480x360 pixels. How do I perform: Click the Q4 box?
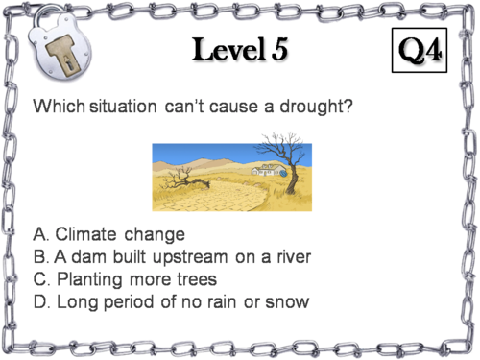420,50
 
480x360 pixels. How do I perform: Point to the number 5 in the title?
279,50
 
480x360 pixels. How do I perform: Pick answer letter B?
39,257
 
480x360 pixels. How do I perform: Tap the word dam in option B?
87,257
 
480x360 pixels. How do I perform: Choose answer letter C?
40,279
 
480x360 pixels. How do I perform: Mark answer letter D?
40,302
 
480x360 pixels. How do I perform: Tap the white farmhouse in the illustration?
267,168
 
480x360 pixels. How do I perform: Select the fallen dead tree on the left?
182,180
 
